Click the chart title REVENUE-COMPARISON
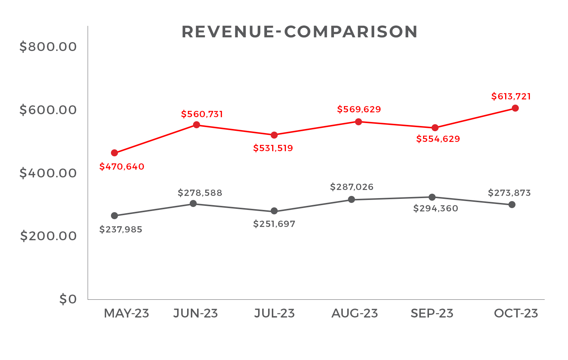[300, 32]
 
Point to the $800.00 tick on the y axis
[48, 47]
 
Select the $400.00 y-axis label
[48, 173]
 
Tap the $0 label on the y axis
[68, 299]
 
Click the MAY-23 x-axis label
[126, 313]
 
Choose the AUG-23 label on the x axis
[355, 313]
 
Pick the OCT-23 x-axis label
[516, 313]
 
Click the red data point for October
[515, 108]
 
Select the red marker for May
[115, 153]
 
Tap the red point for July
[274, 135]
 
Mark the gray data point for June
[193, 204]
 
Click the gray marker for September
[432, 197]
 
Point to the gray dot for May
[115, 216]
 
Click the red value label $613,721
[511, 96]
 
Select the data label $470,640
[122, 167]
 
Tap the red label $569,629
[359, 109]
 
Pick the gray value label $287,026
[352, 187]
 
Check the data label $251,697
[274, 224]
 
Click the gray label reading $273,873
[509, 193]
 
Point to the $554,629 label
[438, 139]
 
